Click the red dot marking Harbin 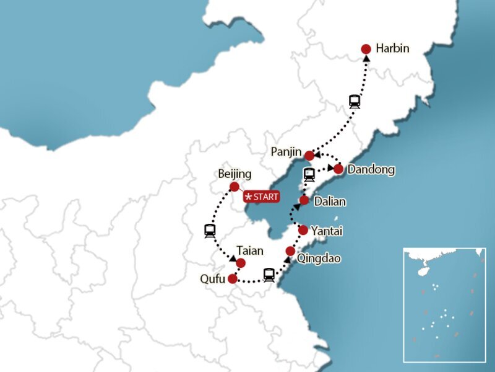(x=366, y=49)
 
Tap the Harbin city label (x=393, y=48)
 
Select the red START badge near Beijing (x=262, y=197)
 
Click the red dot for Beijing (x=234, y=187)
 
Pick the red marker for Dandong (x=338, y=169)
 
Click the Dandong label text (x=371, y=169)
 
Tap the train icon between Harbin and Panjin (x=355, y=101)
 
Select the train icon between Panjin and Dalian (x=309, y=174)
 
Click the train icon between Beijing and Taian (x=210, y=231)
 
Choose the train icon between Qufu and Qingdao (x=269, y=275)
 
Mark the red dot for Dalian (x=304, y=200)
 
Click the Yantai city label (x=327, y=231)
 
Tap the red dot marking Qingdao (x=290, y=251)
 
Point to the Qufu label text (x=212, y=279)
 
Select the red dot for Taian (x=241, y=263)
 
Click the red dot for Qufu (x=232, y=279)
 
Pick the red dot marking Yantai (x=303, y=230)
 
